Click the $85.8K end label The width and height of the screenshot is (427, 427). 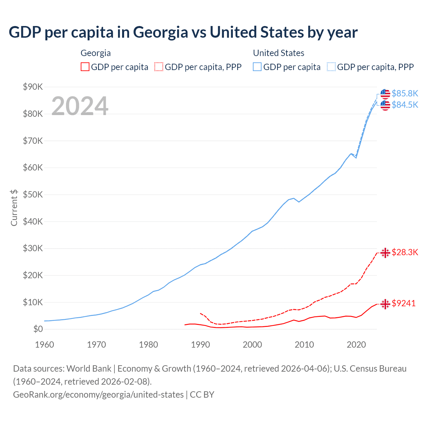(x=405, y=93)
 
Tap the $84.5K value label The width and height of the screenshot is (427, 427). (x=405, y=105)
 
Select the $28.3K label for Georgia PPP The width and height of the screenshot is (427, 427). (x=405, y=252)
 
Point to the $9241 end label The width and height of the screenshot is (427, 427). (x=403, y=303)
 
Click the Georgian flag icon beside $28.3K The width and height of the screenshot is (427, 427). (x=385, y=253)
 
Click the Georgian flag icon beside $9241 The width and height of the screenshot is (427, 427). (x=385, y=304)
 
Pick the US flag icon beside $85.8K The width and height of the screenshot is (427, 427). (x=385, y=94)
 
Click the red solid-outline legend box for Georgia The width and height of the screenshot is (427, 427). (x=85, y=67)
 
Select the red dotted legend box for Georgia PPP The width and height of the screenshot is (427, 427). (x=159, y=67)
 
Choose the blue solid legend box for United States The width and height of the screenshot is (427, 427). (x=257, y=67)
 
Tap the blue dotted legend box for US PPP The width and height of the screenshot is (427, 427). (x=331, y=67)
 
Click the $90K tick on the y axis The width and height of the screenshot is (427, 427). (x=33, y=87)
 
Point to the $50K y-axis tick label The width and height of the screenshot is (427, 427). (x=33, y=195)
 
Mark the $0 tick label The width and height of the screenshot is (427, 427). (x=38, y=329)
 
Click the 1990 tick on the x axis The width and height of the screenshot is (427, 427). (x=200, y=345)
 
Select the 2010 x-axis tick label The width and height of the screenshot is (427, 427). (x=304, y=345)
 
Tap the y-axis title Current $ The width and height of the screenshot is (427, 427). (x=14, y=207)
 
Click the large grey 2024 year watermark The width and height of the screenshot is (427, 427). (x=80, y=106)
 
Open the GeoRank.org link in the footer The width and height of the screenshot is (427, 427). (x=98, y=395)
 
